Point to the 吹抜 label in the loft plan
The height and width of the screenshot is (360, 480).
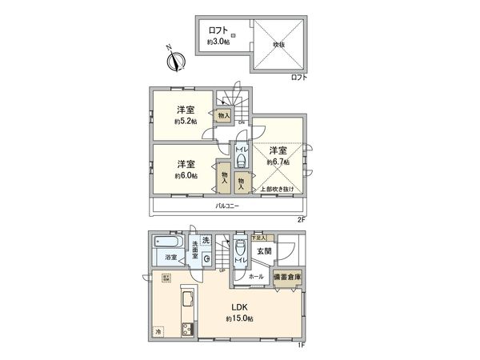coord(278,45)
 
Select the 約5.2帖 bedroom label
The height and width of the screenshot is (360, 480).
coord(186,115)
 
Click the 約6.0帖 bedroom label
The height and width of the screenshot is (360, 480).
coord(186,169)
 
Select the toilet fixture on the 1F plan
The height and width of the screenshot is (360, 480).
coord(239,249)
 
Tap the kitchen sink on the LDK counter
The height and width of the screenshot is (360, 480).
coord(186,302)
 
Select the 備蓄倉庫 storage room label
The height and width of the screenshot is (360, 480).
coord(287,277)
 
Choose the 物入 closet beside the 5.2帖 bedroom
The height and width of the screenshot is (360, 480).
coord(225,116)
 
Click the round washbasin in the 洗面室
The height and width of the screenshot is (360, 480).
coord(207,258)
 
